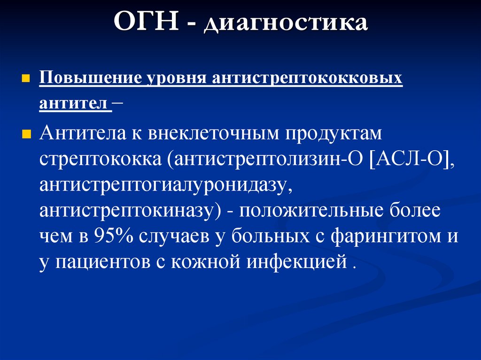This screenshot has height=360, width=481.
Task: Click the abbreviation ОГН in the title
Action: (x=146, y=23)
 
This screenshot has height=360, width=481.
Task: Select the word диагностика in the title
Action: (x=285, y=24)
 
